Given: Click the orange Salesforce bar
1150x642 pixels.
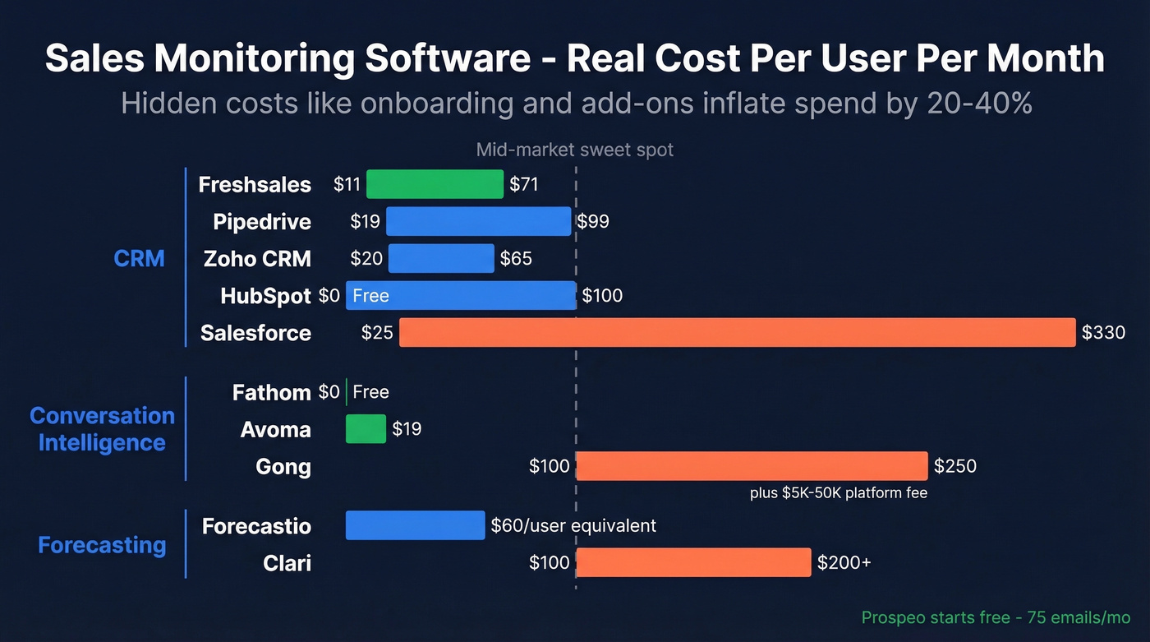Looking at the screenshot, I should pos(737,332).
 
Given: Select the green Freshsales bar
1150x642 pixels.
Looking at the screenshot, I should pos(435,184).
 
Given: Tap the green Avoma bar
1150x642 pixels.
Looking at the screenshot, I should pos(366,429).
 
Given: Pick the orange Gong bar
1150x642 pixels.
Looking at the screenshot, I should pos(752,466).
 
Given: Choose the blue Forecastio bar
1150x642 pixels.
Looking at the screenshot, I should pos(415,525).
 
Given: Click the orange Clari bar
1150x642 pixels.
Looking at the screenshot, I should pos(693,562).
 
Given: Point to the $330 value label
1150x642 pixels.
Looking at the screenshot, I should pos(1103,333).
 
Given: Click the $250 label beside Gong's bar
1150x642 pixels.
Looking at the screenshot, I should pos(955,467).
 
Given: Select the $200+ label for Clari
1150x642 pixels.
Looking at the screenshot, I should pos(844,563).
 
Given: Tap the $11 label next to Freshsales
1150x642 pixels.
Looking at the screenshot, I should pos(347,185).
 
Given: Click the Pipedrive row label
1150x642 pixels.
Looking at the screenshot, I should pos(261,222).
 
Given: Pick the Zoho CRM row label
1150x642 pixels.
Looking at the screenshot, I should pos(257,259).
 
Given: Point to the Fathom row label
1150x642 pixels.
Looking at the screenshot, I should pos(271,393).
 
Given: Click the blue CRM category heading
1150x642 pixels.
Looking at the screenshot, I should pos(139,258).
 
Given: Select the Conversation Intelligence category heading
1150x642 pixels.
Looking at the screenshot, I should pos(102,429).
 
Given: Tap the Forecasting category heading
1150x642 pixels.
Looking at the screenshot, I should pos(102,545).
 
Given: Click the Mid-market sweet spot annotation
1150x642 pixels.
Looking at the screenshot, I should pos(575,150).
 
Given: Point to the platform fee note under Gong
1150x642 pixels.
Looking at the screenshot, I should pos(839,493).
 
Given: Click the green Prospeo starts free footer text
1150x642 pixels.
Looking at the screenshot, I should pos(996,617).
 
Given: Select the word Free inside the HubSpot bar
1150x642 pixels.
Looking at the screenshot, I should pos(370,296).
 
